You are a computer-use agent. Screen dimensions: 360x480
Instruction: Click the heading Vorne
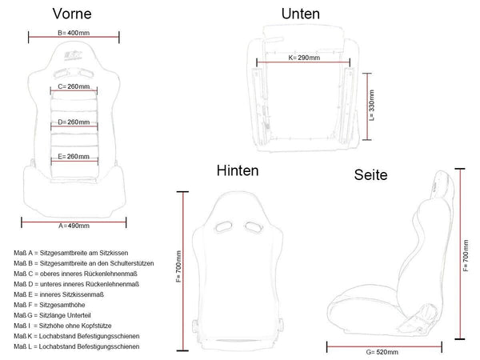(73, 14)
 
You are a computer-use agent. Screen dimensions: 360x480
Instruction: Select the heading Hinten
(237, 171)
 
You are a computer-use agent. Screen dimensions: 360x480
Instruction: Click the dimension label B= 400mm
(74, 33)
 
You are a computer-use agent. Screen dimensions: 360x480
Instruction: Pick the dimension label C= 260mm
(74, 86)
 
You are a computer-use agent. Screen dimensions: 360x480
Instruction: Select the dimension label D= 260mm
(74, 122)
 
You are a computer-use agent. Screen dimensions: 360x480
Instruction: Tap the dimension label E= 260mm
(74, 158)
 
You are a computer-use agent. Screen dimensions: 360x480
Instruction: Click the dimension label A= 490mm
(74, 226)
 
